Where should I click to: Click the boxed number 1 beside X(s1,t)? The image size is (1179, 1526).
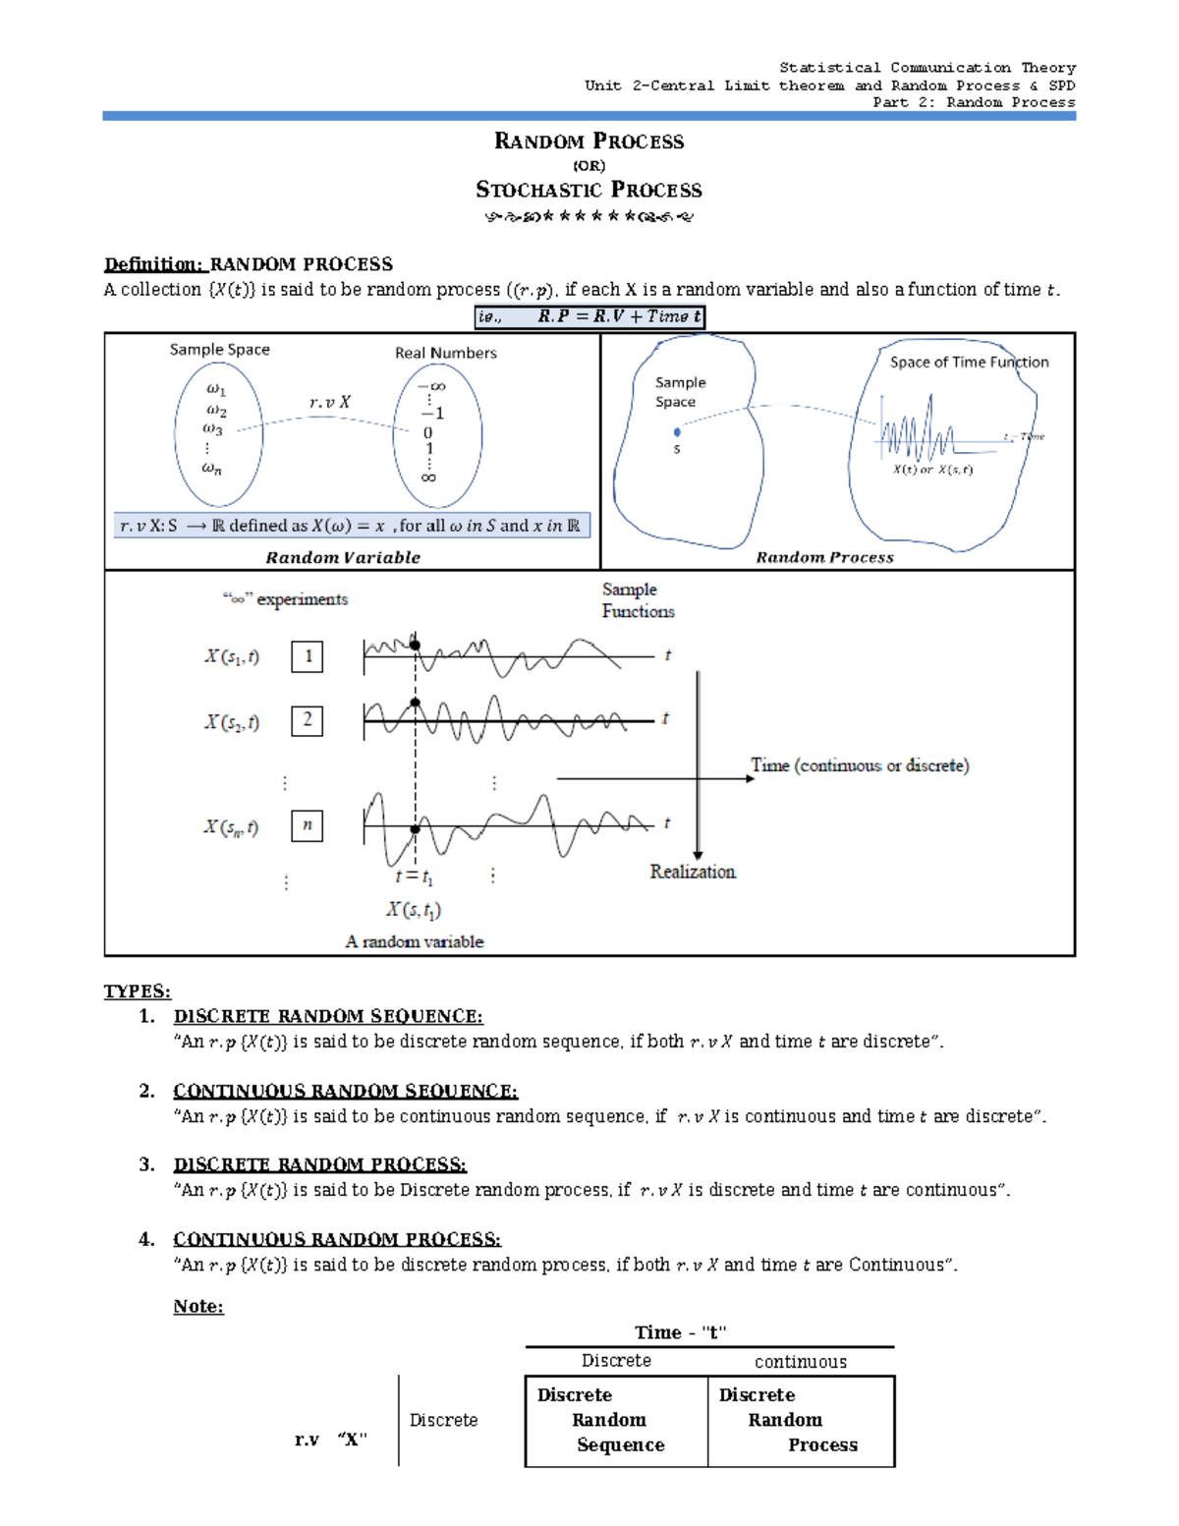pyautogui.click(x=308, y=656)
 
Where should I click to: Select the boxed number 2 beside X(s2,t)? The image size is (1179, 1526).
pyautogui.click(x=308, y=720)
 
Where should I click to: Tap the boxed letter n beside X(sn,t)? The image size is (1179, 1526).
pyautogui.click(x=308, y=825)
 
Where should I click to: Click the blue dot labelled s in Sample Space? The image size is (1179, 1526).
pyautogui.click(x=677, y=432)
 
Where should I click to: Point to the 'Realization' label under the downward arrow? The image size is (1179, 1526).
pyautogui.click(x=692, y=872)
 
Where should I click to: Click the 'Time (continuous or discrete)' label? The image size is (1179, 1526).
pyautogui.click(x=860, y=765)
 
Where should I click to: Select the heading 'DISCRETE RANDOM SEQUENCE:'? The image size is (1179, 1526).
pyautogui.click(x=328, y=1016)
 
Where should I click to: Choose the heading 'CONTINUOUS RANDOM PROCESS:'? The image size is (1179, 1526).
pyautogui.click(x=337, y=1239)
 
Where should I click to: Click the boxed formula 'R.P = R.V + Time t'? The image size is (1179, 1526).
pyautogui.click(x=589, y=316)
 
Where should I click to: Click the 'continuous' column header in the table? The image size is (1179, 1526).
pyautogui.click(x=800, y=1362)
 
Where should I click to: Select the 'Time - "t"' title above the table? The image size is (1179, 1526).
pyautogui.click(x=680, y=1332)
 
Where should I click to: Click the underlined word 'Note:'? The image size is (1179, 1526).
pyautogui.click(x=198, y=1306)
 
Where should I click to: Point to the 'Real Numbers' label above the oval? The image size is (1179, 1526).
pyautogui.click(x=445, y=353)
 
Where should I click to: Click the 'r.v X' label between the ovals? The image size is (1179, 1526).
pyautogui.click(x=329, y=402)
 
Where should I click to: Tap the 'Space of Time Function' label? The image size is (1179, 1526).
pyautogui.click(x=969, y=362)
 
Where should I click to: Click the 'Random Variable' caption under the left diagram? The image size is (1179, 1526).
pyautogui.click(x=343, y=557)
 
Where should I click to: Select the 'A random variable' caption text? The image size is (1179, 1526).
pyautogui.click(x=415, y=941)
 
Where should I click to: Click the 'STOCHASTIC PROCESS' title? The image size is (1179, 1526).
pyautogui.click(x=589, y=190)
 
